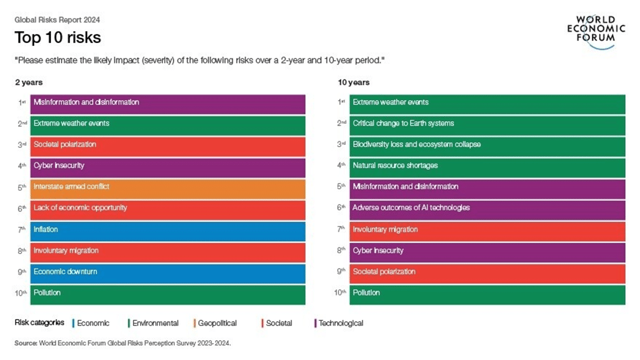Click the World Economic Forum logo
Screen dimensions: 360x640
595,32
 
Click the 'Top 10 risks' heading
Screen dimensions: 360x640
58,37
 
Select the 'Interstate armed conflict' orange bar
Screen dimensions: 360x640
169,187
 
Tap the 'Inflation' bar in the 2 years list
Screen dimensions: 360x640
169,230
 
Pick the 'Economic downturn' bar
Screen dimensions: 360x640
169,272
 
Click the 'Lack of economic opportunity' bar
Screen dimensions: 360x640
169,208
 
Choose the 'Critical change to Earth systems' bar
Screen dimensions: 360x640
487,124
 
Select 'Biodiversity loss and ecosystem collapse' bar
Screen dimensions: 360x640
487,145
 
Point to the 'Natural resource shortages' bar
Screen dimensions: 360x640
487,166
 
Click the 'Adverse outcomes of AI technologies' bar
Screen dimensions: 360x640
487,208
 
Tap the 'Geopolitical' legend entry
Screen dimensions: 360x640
216,323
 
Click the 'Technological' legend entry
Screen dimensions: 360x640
340,323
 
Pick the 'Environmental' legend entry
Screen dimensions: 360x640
154,323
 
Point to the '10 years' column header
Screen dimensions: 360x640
353,83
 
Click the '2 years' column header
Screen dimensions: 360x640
29,83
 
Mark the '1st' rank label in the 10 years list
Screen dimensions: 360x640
341,103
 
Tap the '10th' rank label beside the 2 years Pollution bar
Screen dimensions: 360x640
21,293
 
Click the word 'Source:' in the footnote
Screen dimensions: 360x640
26,343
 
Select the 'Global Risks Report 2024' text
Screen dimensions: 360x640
57,20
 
